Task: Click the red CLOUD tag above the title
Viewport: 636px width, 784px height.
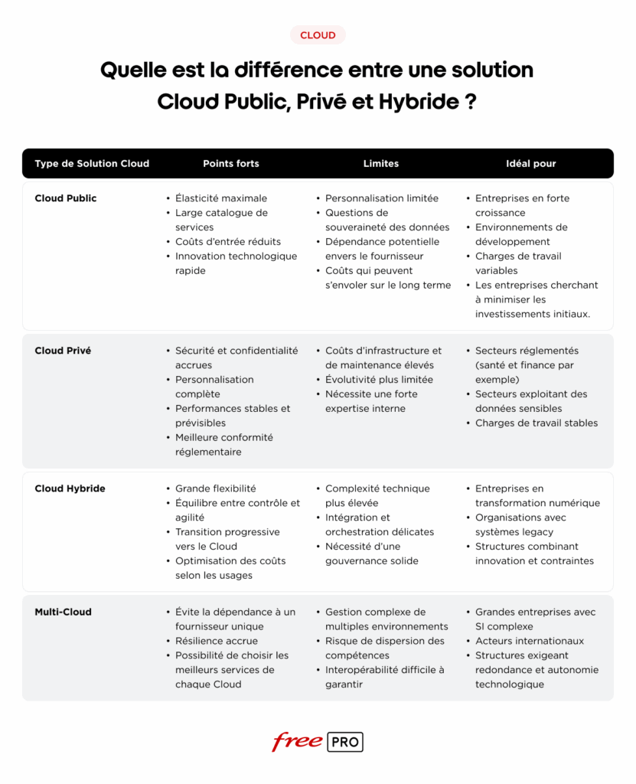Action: click(318, 35)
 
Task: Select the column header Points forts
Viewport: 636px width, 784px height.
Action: click(231, 164)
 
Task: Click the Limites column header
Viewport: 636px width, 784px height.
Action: click(380, 164)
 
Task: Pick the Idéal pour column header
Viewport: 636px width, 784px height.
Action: click(531, 164)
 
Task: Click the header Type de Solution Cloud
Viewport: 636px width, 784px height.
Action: click(92, 164)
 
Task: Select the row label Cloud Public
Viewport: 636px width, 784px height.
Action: click(66, 198)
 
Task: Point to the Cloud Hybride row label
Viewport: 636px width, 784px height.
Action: click(70, 488)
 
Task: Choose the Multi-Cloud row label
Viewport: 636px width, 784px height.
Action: click(63, 612)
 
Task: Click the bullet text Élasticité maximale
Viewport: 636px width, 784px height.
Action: click(220, 198)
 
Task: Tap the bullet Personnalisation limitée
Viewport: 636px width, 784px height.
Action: click(381, 198)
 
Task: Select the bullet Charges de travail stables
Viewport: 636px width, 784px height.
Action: click(536, 423)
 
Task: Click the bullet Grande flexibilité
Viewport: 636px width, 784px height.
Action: click(215, 488)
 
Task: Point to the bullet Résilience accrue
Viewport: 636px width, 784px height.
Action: click(217, 641)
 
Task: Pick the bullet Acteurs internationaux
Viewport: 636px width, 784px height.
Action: click(529, 641)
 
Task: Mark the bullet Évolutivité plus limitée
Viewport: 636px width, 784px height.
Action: click(379, 380)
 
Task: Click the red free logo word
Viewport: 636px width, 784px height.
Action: click(297, 742)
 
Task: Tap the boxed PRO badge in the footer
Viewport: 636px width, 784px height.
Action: click(345, 743)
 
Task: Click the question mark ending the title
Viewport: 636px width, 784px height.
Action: click(471, 102)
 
